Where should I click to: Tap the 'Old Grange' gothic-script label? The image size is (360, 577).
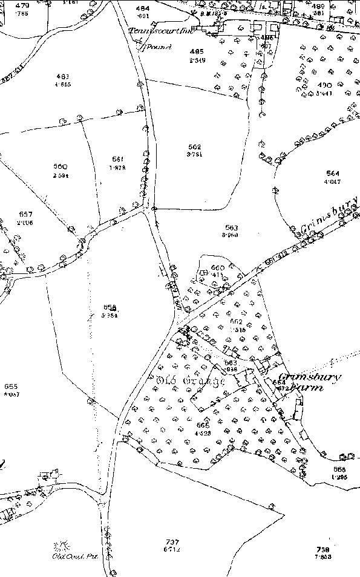tap(190, 382)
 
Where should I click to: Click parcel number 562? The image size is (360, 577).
tap(194, 146)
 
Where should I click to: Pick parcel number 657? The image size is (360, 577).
tap(25, 215)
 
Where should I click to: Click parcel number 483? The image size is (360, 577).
tap(62, 76)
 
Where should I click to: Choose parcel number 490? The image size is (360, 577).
tap(324, 85)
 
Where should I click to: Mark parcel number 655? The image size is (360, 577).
tap(10, 386)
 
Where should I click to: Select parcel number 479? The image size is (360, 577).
tap(22, 5)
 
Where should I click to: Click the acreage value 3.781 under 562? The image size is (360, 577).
tap(194, 154)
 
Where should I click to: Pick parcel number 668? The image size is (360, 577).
tap(338, 469)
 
